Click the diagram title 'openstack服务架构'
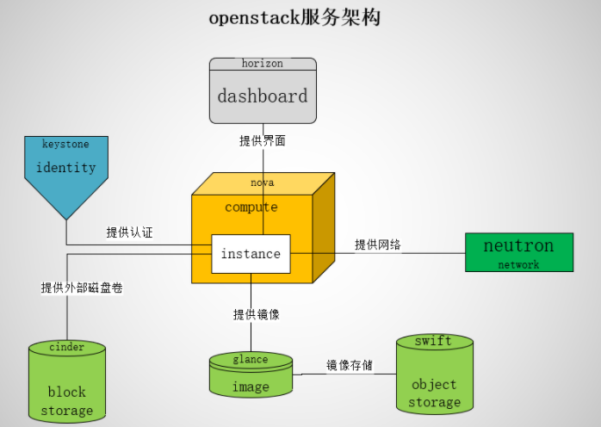[x=295, y=18]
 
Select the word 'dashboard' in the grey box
[x=263, y=96]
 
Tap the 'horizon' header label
[x=263, y=64]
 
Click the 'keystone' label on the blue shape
[x=65, y=144]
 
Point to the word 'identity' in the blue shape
[x=65, y=167]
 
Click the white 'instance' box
[x=251, y=254]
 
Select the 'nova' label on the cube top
[x=263, y=183]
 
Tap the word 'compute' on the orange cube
[x=251, y=207]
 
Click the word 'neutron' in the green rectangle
[x=518, y=245]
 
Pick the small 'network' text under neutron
[x=518, y=264]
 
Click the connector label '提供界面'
[x=263, y=140]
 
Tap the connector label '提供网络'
[x=378, y=244]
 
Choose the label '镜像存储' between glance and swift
[x=350, y=365]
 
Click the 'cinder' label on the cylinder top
[x=66, y=347]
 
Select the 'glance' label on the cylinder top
[x=251, y=360]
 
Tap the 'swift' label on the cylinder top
[x=434, y=341]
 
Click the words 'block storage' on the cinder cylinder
[x=66, y=401]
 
